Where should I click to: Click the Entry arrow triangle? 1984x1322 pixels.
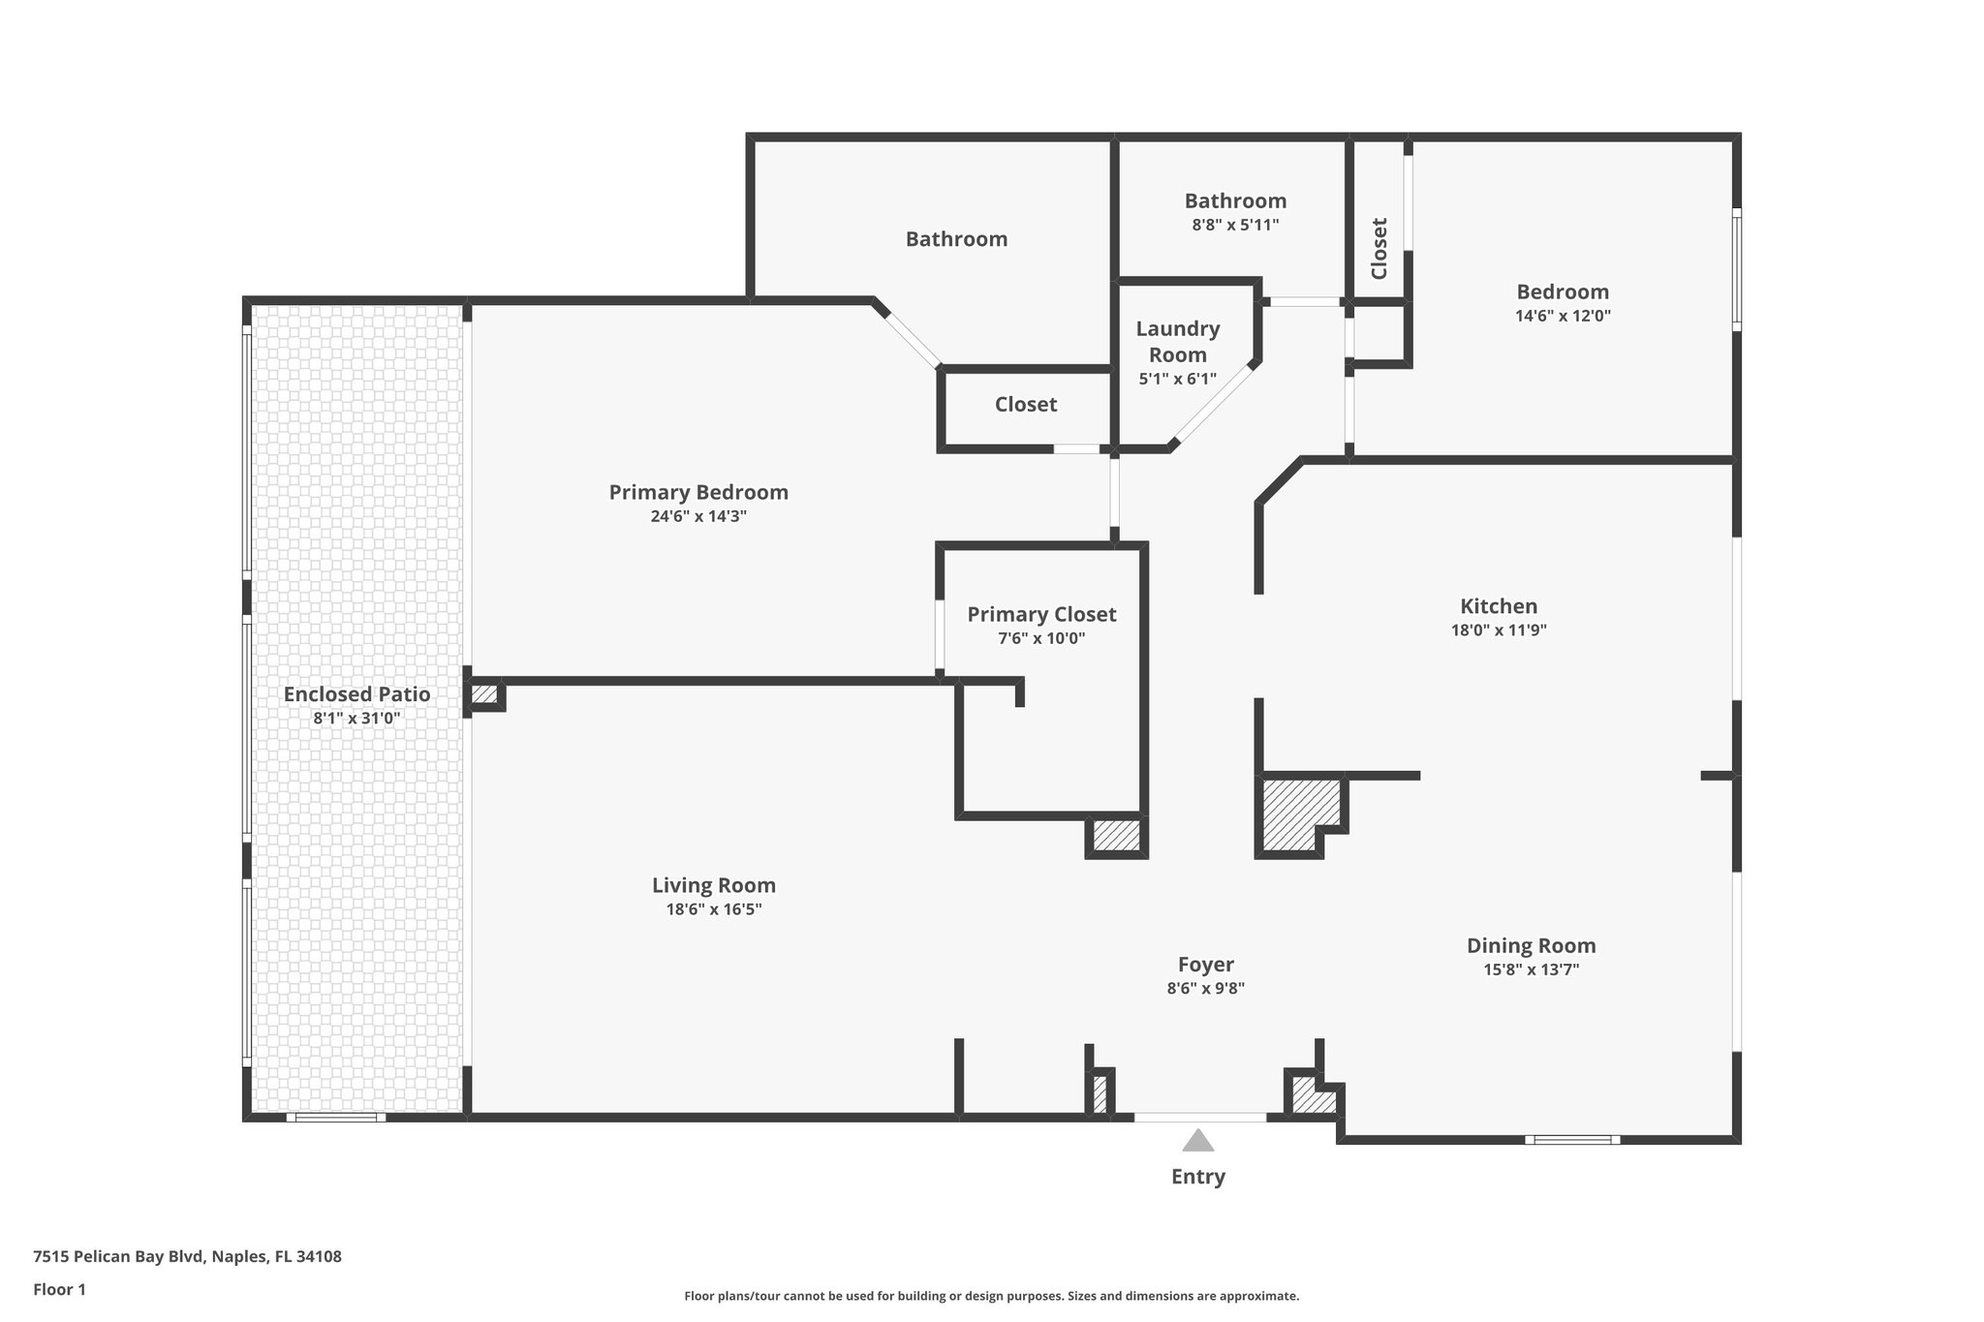tap(1198, 1141)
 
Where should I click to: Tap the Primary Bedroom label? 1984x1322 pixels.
tap(698, 492)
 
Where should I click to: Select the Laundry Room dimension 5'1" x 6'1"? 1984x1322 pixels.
tap(1177, 379)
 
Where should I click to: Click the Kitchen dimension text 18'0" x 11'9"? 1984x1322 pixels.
tap(1499, 630)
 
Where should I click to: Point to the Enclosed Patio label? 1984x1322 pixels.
tap(356, 694)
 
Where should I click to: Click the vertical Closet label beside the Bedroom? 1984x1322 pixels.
tap(1379, 248)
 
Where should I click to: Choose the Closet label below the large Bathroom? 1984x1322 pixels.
tap(1026, 405)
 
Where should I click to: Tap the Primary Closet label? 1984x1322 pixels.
tap(1041, 614)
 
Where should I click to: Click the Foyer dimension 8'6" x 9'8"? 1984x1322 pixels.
tap(1205, 989)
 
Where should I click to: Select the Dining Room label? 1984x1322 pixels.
tap(1531, 945)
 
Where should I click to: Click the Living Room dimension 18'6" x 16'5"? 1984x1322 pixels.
tap(714, 909)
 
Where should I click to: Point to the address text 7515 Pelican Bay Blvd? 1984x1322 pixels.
tap(187, 1257)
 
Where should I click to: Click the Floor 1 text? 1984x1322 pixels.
tap(60, 1289)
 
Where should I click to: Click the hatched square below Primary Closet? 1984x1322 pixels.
tap(1117, 836)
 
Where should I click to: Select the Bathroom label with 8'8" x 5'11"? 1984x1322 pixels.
tap(1235, 200)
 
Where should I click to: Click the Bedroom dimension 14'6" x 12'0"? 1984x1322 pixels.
tap(1563, 316)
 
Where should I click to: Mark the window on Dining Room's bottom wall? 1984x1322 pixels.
tap(1572, 1140)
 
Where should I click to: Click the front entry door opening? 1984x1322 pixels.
tap(1199, 1118)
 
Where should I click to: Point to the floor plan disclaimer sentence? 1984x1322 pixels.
tap(991, 1296)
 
